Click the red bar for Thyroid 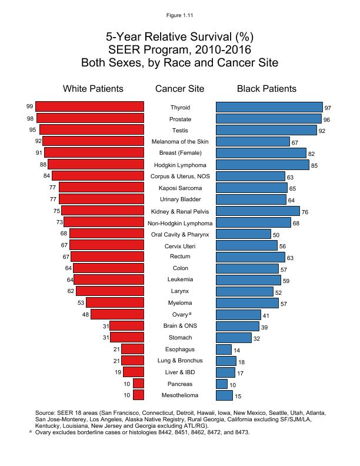[x=89, y=106]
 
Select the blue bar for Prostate [x=269, y=119]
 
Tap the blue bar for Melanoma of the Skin [x=253, y=142]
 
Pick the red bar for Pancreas [x=139, y=384]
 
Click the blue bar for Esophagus [x=224, y=349]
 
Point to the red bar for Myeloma [x=115, y=303]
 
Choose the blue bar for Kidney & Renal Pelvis [x=258, y=211]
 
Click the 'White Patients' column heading [x=93, y=89]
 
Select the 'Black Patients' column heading [x=266, y=89]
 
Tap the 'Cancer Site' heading [x=179, y=89]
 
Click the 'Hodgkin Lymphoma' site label [x=180, y=165]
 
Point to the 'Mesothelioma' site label [x=180, y=395]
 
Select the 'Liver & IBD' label [x=180, y=372]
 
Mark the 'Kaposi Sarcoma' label [x=180, y=188]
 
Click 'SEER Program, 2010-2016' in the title [x=180, y=49]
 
